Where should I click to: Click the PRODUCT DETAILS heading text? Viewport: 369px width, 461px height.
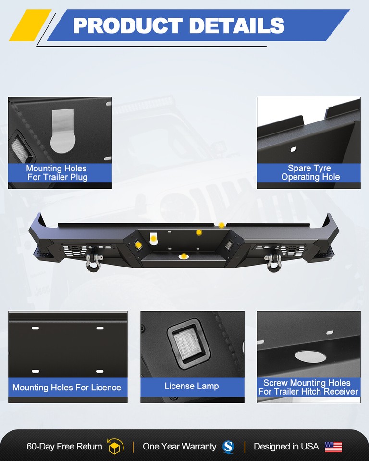point(179,25)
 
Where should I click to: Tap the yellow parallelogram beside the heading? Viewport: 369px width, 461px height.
point(30,25)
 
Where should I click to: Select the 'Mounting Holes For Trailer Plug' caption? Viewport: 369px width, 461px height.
point(57,173)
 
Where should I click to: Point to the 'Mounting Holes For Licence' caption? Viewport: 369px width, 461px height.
point(67,388)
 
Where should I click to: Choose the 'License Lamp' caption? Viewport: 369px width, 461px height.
point(192,386)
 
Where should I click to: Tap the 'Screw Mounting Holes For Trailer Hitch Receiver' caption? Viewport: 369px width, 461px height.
point(308,387)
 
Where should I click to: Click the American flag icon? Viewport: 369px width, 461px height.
point(333,447)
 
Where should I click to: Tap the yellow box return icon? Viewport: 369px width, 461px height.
point(115,447)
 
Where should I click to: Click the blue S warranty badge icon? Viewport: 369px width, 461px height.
point(228,447)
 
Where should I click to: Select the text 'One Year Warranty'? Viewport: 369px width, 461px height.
point(179,447)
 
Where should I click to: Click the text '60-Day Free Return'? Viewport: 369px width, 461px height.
point(64,447)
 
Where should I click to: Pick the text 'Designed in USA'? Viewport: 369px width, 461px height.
point(286,447)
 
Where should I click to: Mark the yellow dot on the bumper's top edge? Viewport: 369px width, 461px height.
point(221,225)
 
